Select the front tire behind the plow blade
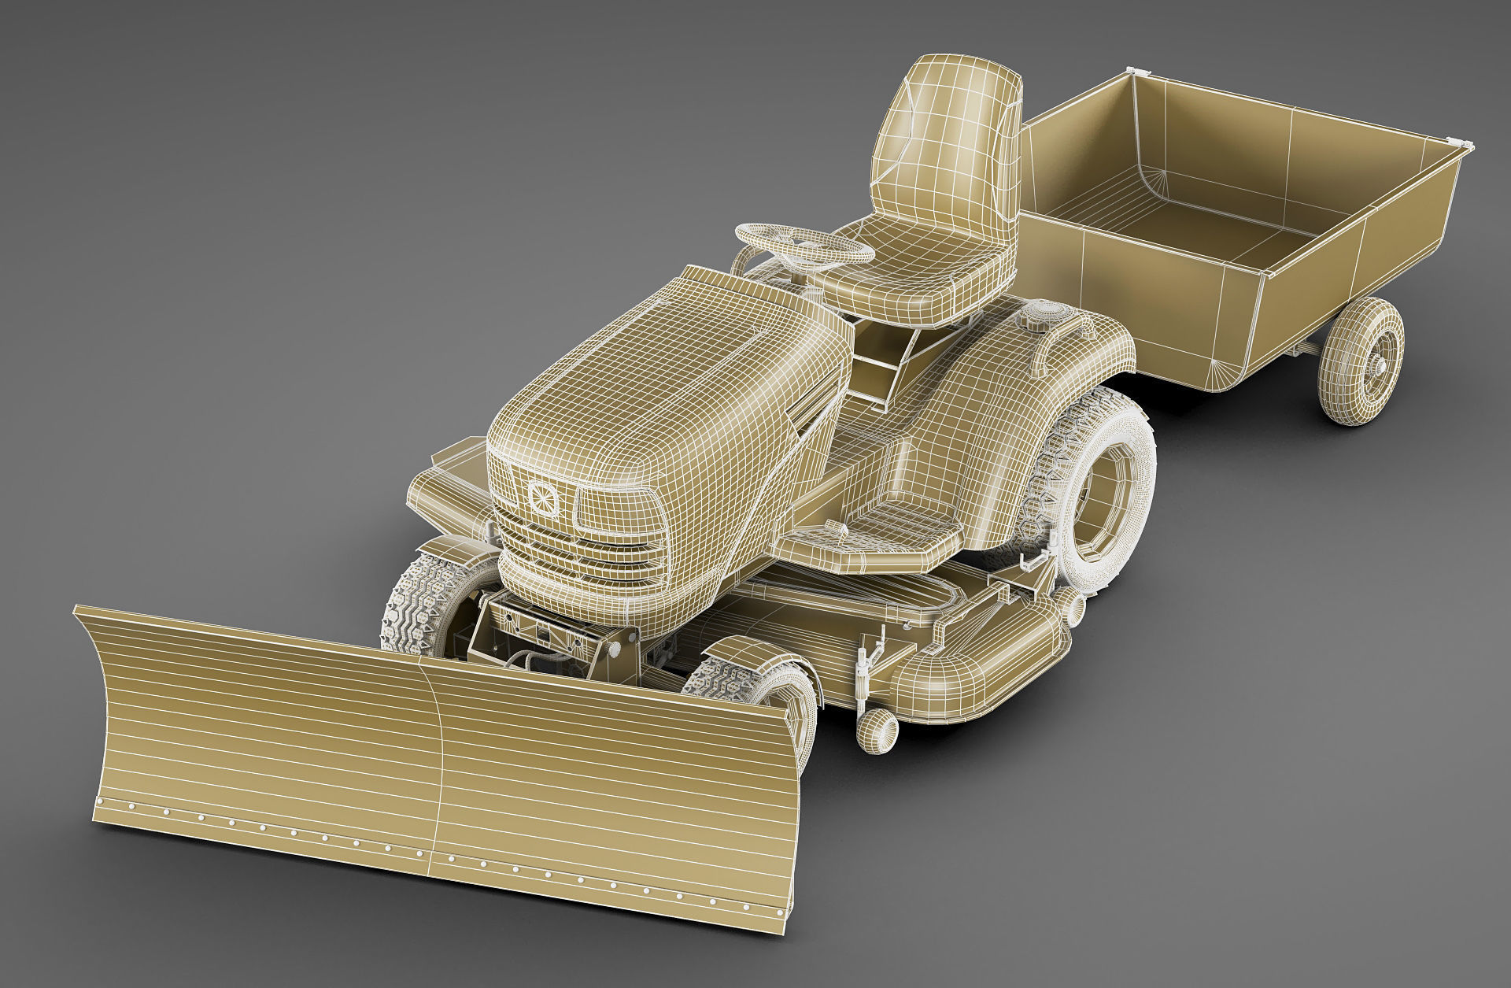[425, 598]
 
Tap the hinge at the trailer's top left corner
[1133, 72]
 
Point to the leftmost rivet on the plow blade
[98, 801]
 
